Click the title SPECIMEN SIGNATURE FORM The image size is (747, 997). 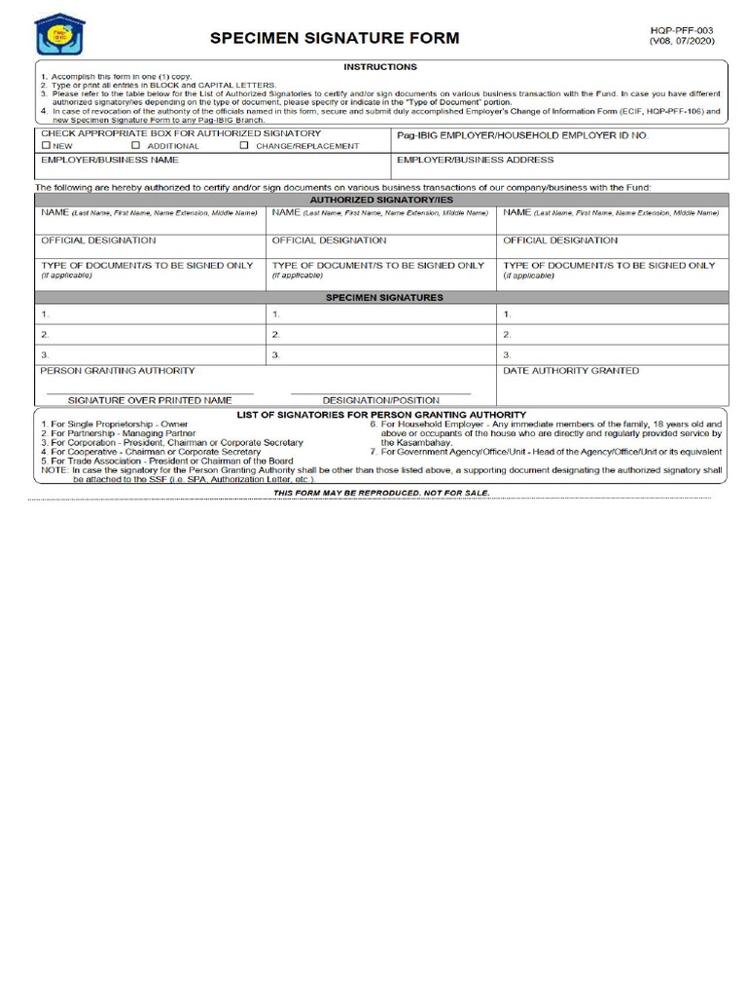click(x=335, y=39)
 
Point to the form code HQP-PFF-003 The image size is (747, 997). click(x=681, y=31)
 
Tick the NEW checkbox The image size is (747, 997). click(x=45, y=146)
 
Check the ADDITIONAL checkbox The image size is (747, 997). click(x=136, y=146)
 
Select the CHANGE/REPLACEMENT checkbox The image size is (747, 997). click(x=244, y=146)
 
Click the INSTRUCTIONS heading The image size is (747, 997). click(x=380, y=67)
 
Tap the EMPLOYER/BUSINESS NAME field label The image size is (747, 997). click(x=109, y=160)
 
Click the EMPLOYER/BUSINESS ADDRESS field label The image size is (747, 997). click(x=475, y=160)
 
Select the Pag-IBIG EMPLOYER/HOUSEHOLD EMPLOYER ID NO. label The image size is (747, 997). click(x=522, y=135)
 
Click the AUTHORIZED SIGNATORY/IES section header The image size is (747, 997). click(x=381, y=200)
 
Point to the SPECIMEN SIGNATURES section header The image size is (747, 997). click(x=383, y=298)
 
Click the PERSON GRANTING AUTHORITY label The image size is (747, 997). click(x=117, y=371)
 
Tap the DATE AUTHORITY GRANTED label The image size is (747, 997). click(x=571, y=371)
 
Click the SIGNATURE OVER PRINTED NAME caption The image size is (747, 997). click(x=150, y=400)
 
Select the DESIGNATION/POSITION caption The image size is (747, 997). click(x=380, y=400)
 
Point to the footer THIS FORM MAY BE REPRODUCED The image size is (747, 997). click(x=381, y=494)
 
